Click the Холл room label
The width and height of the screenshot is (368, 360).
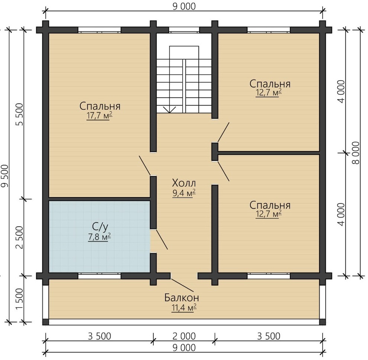point(184,183)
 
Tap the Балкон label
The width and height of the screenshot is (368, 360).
point(182,298)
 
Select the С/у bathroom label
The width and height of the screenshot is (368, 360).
point(100,227)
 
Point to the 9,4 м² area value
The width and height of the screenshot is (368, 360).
point(184,193)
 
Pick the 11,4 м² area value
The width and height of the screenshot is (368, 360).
point(184,308)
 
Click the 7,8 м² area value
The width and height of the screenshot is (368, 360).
point(99,237)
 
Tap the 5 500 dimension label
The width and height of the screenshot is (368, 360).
point(20,115)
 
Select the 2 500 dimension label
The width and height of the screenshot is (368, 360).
point(20,237)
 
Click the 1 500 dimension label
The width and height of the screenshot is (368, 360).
point(20,299)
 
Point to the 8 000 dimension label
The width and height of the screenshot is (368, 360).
point(356,153)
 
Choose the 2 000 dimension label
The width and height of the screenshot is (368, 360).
point(184,336)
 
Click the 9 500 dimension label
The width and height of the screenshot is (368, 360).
point(5,176)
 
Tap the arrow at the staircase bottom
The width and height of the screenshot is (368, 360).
point(169,110)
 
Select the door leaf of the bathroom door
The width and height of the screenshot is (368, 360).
point(162,240)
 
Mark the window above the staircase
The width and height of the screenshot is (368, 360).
point(184,30)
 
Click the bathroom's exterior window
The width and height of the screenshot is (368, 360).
point(99,276)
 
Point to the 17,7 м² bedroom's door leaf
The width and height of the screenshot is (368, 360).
point(145,165)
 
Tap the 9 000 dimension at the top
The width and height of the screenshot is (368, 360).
point(184,6)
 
